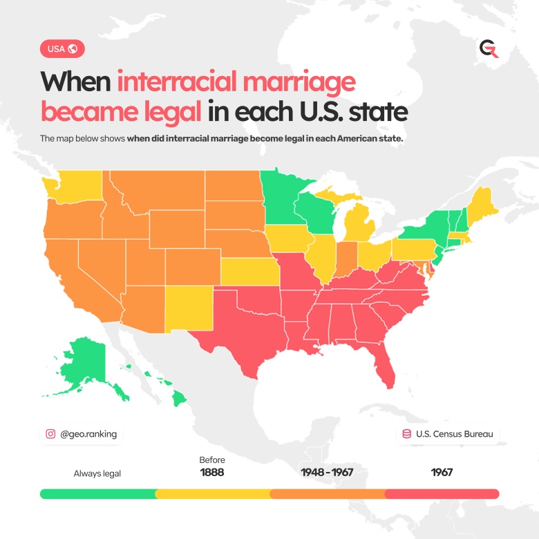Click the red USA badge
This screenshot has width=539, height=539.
[x=63, y=49]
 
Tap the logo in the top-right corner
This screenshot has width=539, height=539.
[x=489, y=49]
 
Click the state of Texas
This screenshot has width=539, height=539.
[x=245, y=325]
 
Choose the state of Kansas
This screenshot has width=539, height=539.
[x=247, y=272]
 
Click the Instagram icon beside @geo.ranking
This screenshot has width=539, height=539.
[x=50, y=434]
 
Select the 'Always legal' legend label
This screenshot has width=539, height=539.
[x=97, y=473]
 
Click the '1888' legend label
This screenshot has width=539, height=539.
[x=212, y=473]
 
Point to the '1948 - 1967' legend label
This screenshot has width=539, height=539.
[x=327, y=473]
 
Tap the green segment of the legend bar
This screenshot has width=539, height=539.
[x=97, y=494]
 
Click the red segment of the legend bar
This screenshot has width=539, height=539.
[x=442, y=494]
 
